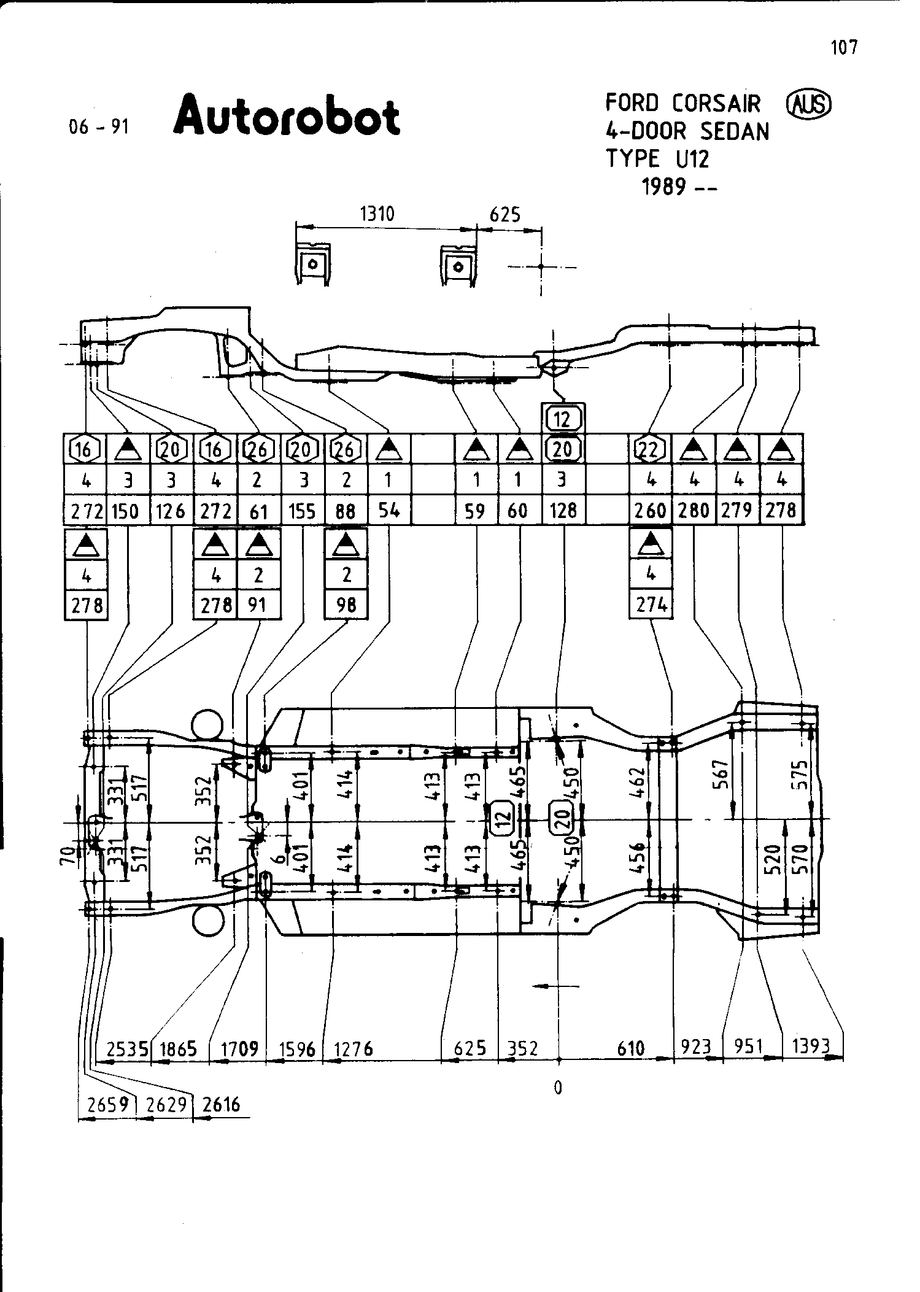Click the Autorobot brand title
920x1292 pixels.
(x=287, y=116)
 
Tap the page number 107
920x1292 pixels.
(x=844, y=47)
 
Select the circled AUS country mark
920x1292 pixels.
(x=809, y=105)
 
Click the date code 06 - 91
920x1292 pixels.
(x=99, y=127)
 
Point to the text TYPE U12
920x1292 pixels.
(x=657, y=159)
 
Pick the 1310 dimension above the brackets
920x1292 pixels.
(x=377, y=214)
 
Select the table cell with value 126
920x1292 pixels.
(x=171, y=511)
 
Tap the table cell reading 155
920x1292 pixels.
(x=302, y=511)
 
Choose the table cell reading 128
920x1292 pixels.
(x=563, y=511)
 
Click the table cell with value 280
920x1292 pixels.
(x=694, y=511)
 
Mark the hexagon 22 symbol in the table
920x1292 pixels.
(x=651, y=450)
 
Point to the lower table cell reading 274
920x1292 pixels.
(x=651, y=605)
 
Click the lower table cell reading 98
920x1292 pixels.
(x=346, y=605)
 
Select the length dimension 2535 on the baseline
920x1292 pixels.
(x=127, y=1048)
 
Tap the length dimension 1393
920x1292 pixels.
(x=811, y=1046)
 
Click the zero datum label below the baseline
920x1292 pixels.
(x=558, y=1088)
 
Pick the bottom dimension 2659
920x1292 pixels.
(x=108, y=1105)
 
